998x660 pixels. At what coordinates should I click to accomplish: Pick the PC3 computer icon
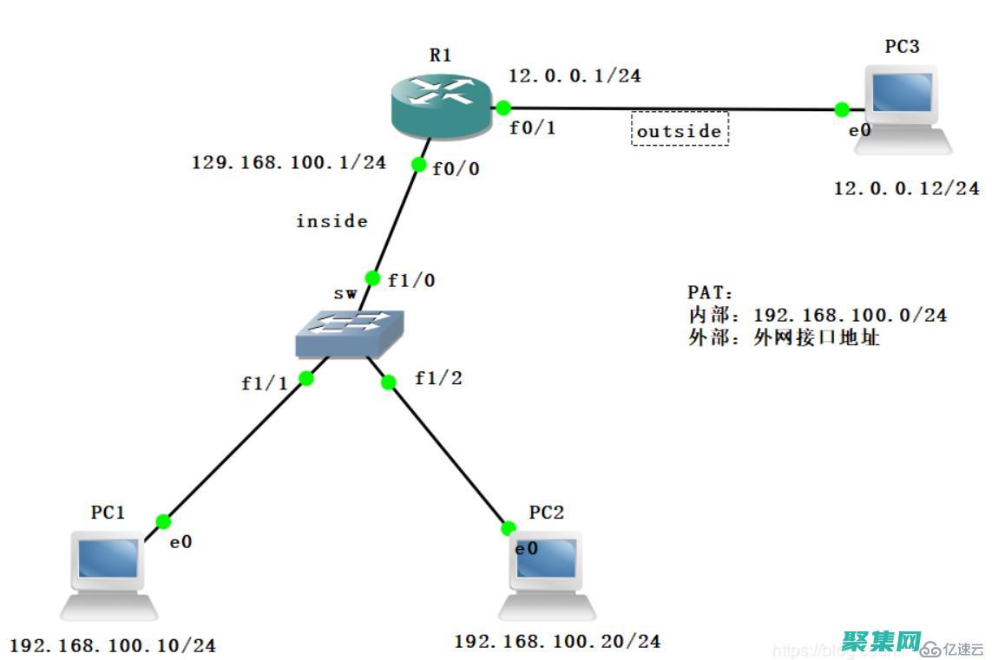[x=902, y=108]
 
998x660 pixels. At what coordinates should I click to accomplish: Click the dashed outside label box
[x=679, y=129]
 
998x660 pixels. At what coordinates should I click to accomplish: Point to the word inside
[x=332, y=221]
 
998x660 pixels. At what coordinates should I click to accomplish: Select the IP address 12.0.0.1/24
[x=574, y=76]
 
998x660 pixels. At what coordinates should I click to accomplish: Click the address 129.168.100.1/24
[x=289, y=162]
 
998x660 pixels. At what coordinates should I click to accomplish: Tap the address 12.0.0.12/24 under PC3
[x=906, y=188]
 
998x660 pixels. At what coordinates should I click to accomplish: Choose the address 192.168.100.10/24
[x=113, y=646]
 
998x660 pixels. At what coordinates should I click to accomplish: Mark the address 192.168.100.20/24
[x=557, y=642]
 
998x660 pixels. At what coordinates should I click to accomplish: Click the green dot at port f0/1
[x=502, y=108]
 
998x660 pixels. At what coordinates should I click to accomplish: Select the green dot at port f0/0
[x=418, y=164]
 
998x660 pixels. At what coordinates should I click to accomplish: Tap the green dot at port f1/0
[x=372, y=278]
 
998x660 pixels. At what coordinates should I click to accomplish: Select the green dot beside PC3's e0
[x=841, y=109]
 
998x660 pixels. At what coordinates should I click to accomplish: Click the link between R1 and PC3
[x=607, y=108]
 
